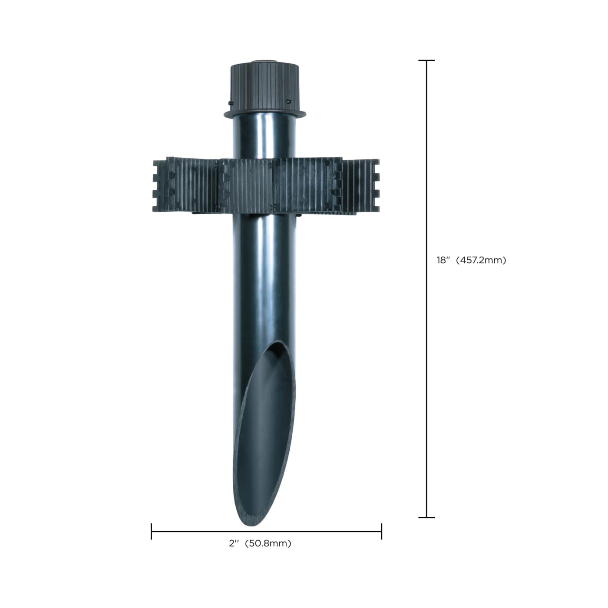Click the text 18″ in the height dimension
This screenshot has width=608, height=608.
pyautogui.click(x=443, y=261)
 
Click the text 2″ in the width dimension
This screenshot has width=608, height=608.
pyautogui.click(x=235, y=543)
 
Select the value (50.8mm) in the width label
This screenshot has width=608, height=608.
pyautogui.click(x=268, y=543)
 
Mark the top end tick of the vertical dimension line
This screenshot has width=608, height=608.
pyautogui.click(x=426, y=61)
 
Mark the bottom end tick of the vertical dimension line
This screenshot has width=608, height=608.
pyautogui.click(x=426, y=517)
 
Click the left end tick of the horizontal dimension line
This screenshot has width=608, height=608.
pyautogui.click(x=151, y=531)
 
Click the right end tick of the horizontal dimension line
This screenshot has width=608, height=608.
pyautogui.click(x=381, y=531)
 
